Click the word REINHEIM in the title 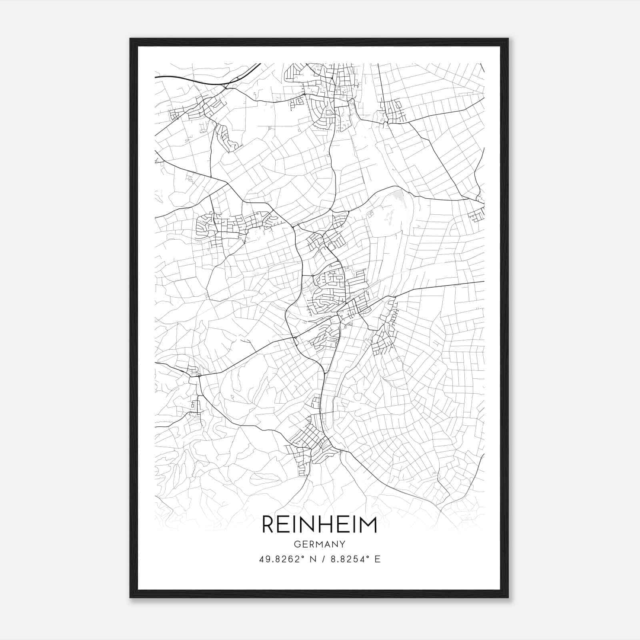coord(319,525)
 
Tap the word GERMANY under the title coord(319,544)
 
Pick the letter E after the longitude coord(378,559)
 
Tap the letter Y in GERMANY coord(342,544)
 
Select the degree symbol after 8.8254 coord(369,556)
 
